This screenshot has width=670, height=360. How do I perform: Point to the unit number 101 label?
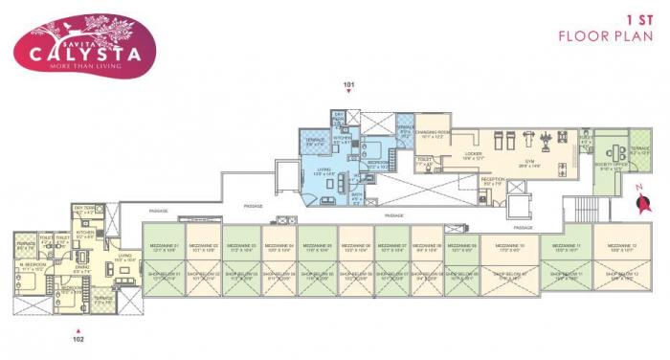click(348, 84)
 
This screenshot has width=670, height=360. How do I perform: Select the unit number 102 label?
click(79, 337)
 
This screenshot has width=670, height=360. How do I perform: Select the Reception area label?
click(493, 180)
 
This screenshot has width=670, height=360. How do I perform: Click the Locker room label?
click(473, 155)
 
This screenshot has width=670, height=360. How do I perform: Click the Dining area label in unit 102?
click(82, 269)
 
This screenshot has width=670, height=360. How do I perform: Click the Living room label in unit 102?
click(124, 257)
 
